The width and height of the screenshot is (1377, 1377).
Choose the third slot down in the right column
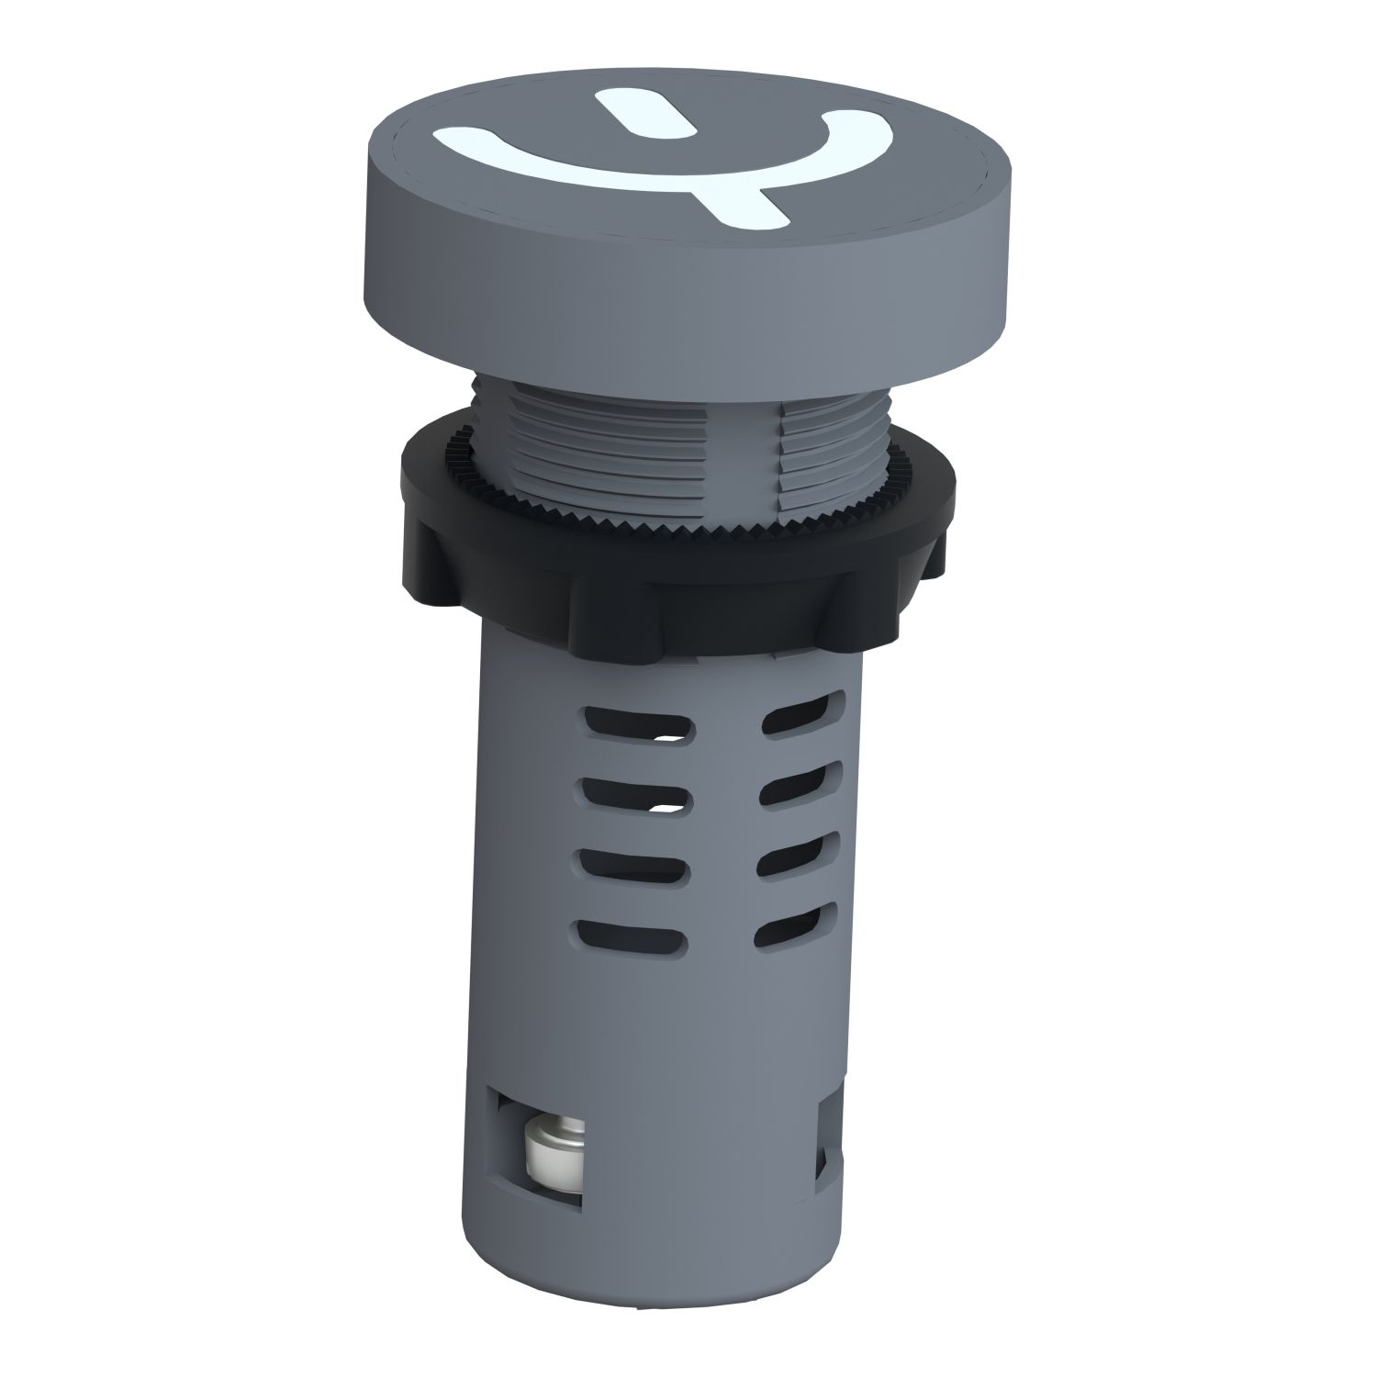pos(797,856)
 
